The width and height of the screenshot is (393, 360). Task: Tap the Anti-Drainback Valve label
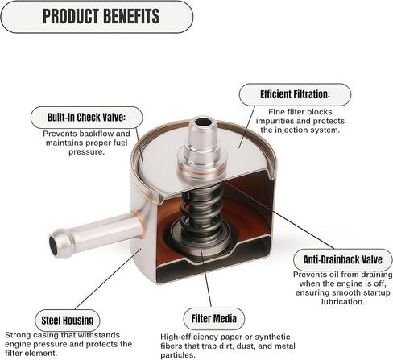point(343,259)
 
